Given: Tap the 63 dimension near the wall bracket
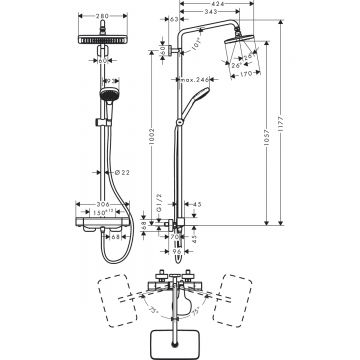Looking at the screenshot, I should [174, 18].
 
